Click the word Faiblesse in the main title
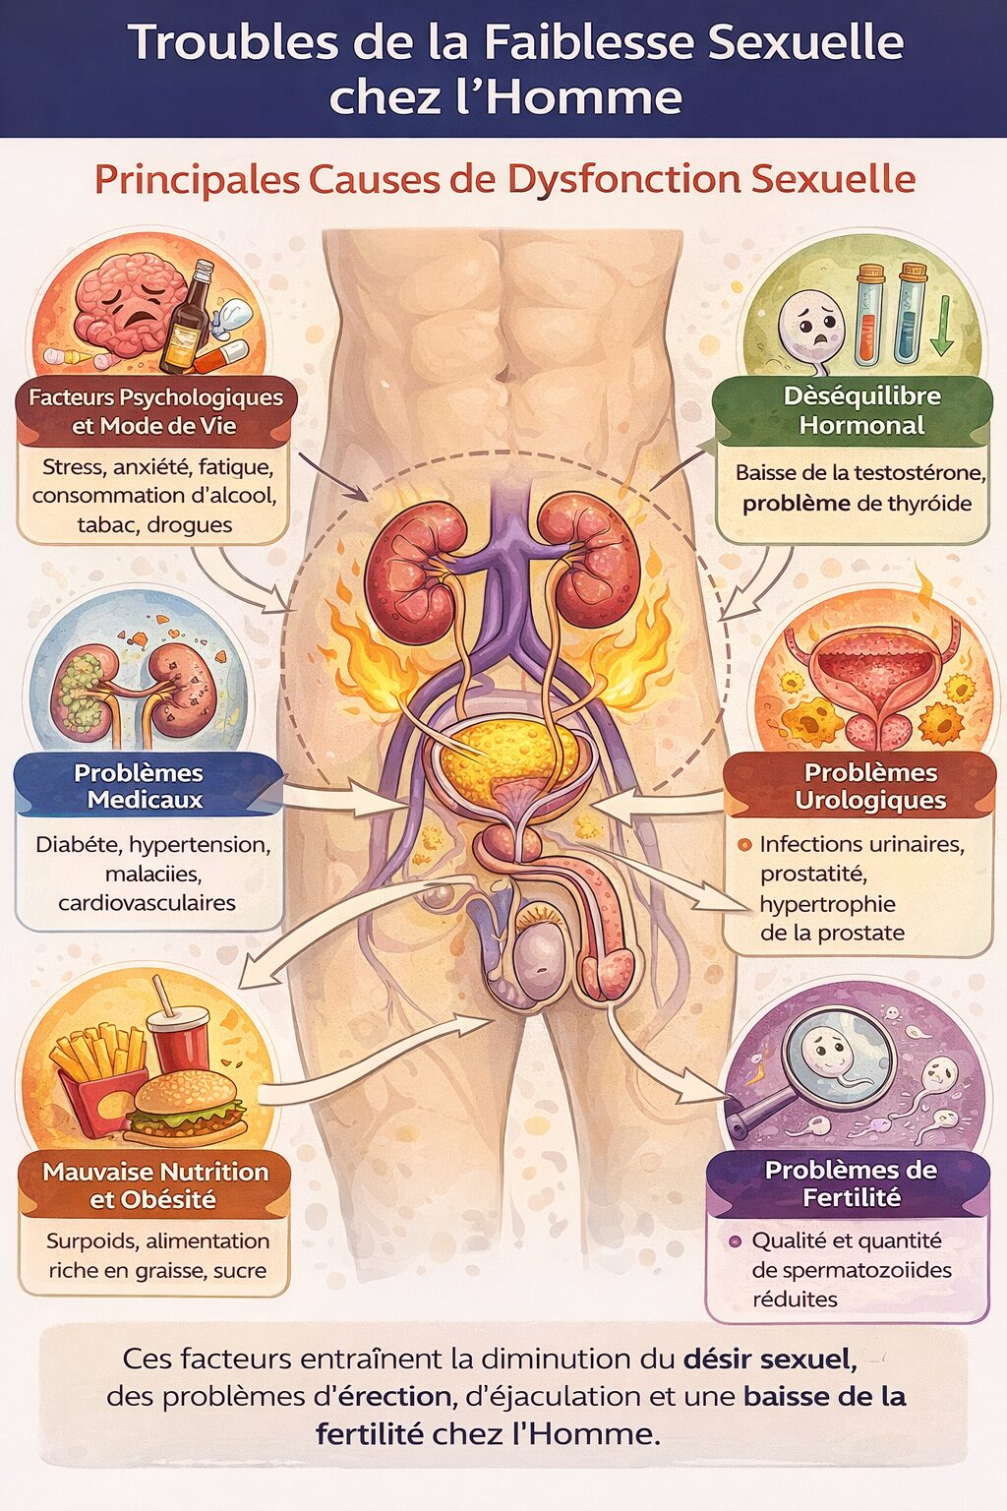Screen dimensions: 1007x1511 point(588,42)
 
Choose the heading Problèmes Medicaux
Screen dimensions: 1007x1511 point(140,786)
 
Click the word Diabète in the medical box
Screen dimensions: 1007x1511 point(79,845)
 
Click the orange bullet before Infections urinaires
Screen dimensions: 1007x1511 point(744,845)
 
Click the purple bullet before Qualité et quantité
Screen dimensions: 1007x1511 point(736,1241)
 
